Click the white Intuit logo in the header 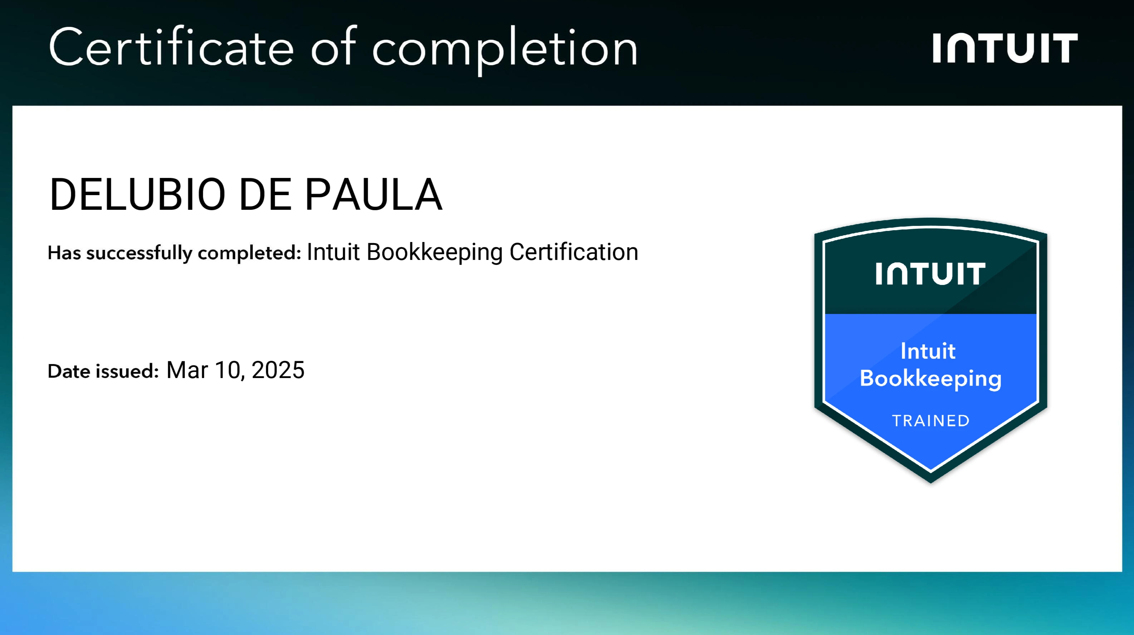[x=1005, y=48]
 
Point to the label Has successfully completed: [x=174, y=253]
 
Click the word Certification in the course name [x=573, y=252]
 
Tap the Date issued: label [x=103, y=371]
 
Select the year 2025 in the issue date [x=278, y=370]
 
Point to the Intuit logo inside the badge [x=930, y=274]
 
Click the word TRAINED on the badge [x=930, y=421]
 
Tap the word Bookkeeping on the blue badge [x=930, y=379]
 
